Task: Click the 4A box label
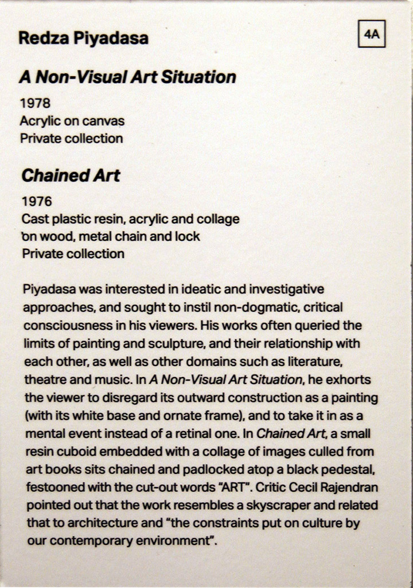click(x=371, y=34)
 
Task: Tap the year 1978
click(x=36, y=104)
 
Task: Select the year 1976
click(x=37, y=202)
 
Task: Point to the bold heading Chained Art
click(x=71, y=175)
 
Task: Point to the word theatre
click(x=44, y=379)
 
